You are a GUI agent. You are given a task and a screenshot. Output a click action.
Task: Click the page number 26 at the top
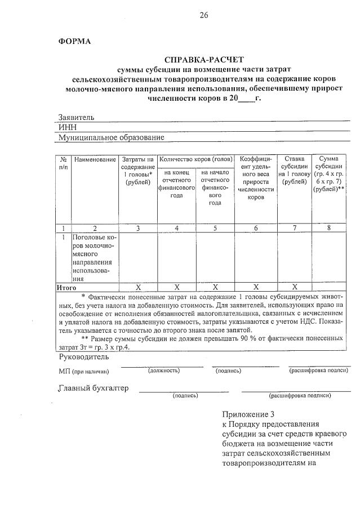pos(203,15)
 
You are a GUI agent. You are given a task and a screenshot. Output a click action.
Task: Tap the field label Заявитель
pos(77,117)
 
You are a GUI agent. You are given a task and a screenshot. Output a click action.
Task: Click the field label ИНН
pos(68,127)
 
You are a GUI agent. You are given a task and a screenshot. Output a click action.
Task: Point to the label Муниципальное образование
pos(112,137)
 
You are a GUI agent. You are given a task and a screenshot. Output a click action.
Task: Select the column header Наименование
pos(95,160)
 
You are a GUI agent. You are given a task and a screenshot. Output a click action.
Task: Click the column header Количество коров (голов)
pos(195,160)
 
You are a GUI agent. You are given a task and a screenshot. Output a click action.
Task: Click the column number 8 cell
pos(328,228)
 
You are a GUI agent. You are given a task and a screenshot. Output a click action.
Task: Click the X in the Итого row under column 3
pos(138,287)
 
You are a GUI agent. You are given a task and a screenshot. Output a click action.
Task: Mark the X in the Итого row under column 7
pos(294,287)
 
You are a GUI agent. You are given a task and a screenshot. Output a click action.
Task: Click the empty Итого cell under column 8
pos(328,287)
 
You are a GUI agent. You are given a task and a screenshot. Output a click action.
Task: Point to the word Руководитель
pos(84,357)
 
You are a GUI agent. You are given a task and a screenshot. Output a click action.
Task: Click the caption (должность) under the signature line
pos(164,371)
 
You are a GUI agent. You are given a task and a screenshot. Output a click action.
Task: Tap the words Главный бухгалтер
pos(94,388)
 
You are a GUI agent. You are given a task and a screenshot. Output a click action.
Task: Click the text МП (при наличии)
pos(83,372)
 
